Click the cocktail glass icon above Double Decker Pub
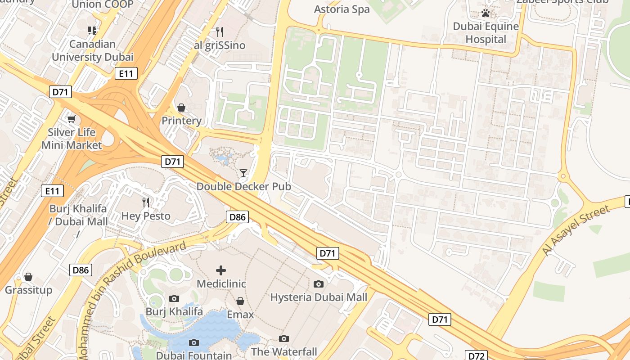[x=243, y=173]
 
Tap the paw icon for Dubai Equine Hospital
[x=486, y=13]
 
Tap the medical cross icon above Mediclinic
[x=221, y=270]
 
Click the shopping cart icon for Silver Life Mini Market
[x=71, y=119]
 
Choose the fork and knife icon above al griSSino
[x=220, y=31]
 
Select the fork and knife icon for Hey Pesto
[x=146, y=202]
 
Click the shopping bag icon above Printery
[x=181, y=108]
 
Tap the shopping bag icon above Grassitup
[x=28, y=276]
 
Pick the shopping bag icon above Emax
[x=240, y=301]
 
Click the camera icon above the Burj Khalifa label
[x=174, y=298]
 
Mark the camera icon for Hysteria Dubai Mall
[x=319, y=284]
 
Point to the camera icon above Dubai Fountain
[x=193, y=342]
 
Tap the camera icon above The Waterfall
[x=283, y=338]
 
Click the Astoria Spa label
[x=342, y=9]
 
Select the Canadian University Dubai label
[x=92, y=50]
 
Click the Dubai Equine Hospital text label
[x=486, y=33]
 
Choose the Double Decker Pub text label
[x=243, y=186]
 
